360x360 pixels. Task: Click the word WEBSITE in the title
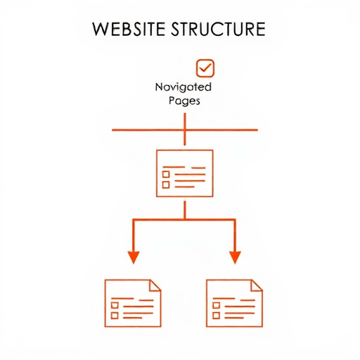click(x=129, y=29)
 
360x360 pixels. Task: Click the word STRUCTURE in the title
click(x=218, y=29)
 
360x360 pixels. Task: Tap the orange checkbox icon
click(x=205, y=68)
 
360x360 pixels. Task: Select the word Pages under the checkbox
click(x=184, y=101)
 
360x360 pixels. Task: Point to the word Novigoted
click(x=184, y=87)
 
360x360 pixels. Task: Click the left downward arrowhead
click(x=134, y=257)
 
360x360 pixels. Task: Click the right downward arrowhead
click(x=235, y=257)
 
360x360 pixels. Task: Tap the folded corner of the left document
click(x=155, y=285)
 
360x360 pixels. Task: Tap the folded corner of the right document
click(x=257, y=285)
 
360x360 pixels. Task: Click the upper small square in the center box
click(x=166, y=174)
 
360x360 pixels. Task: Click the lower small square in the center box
click(x=166, y=185)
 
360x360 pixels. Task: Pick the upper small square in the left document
click(x=115, y=305)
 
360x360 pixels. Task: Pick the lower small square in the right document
click(x=216, y=316)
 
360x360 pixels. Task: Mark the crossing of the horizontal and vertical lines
click(x=185, y=130)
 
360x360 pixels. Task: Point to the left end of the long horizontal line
click(x=112, y=130)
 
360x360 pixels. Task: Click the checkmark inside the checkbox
click(x=205, y=67)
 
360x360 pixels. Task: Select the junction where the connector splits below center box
click(x=185, y=219)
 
